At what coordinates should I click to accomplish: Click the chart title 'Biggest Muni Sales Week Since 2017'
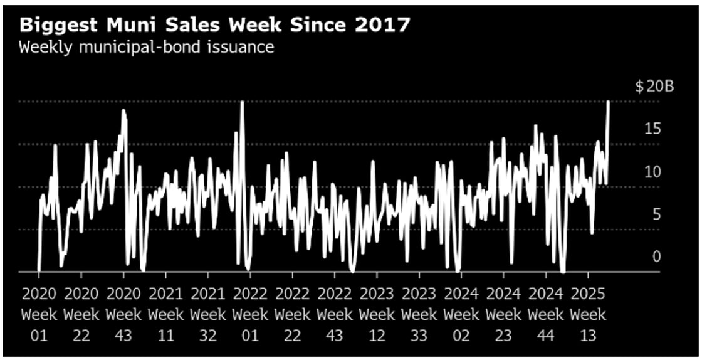214,24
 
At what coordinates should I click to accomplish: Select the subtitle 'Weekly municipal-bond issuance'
146,47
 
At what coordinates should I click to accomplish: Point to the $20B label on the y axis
654,87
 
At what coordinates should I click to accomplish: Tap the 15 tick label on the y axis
652,129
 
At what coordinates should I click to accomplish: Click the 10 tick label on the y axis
652,172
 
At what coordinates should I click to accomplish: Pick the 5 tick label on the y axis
656,214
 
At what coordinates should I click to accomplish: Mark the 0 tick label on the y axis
656,257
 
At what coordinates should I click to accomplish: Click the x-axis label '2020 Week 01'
39,314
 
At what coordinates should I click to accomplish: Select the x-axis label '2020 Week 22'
81,314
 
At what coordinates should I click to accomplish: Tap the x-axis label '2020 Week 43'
123,314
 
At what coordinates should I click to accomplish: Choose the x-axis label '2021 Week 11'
165,314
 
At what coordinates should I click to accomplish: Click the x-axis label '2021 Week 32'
207,314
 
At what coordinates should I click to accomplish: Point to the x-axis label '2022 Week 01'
250,314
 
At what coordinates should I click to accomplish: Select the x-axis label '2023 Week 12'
377,314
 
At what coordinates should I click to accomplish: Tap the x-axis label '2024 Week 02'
461,314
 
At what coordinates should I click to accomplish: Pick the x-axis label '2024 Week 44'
546,314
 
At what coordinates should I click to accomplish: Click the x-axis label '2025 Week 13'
588,314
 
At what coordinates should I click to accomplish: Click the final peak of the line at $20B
608,102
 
